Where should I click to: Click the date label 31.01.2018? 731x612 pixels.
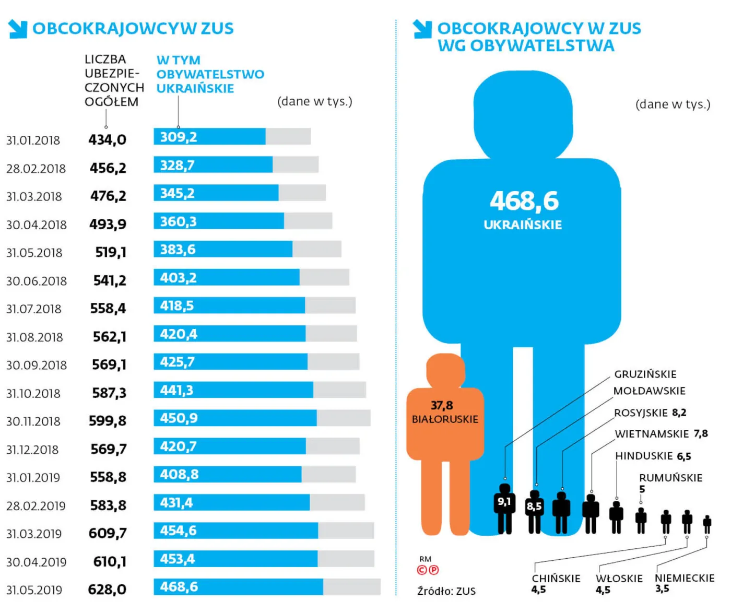[33, 140]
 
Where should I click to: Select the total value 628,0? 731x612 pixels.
[107, 590]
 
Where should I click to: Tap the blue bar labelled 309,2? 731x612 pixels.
[209, 137]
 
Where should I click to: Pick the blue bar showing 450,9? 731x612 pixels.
[235, 418]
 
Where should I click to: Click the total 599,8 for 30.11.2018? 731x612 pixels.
[108, 421]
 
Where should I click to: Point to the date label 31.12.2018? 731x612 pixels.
[32, 450]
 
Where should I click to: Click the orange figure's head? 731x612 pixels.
[445, 370]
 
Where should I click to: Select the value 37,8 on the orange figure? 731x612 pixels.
[442, 406]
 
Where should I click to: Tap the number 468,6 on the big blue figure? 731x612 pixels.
[524, 201]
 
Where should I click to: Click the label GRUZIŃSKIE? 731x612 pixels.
[645, 374]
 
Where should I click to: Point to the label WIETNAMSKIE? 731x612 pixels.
[652, 434]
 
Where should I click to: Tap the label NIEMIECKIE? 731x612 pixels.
[685, 578]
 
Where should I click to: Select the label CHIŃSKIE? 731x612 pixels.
[556, 579]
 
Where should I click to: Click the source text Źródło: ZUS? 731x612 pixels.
[446, 591]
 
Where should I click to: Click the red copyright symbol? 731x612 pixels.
[422, 570]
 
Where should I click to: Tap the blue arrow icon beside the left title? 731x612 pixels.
[18, 29]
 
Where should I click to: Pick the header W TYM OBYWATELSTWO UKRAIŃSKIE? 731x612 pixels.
[210, 75]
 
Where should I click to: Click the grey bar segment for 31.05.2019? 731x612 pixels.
[351, 587]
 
